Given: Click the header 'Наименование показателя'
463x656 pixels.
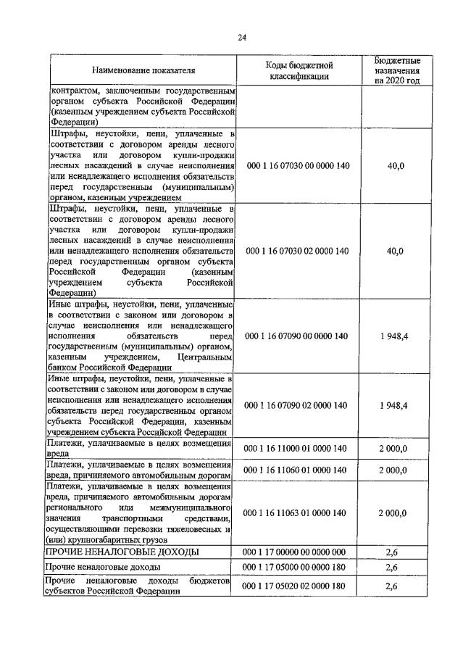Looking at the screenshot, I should [143, 70].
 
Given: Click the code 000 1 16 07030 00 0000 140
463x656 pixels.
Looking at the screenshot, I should [298, 166].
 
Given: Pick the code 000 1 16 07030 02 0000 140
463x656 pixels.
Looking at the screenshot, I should [298, 251].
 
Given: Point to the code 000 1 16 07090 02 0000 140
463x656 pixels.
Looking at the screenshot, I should [298, 404].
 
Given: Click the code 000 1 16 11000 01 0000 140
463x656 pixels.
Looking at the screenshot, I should [298, 449].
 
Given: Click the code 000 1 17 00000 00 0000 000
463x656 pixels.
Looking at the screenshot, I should [298, 552].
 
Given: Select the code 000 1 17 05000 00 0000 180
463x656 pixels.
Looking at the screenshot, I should [298, 567].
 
